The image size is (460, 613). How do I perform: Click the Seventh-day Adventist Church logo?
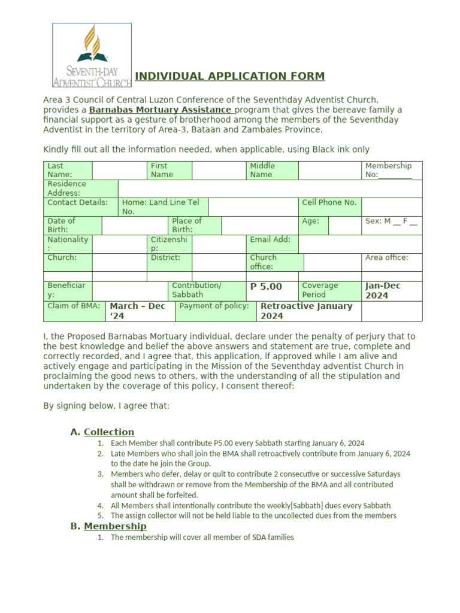(92, 55)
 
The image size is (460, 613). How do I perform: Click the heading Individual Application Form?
(230, 76)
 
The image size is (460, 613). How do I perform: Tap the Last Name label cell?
(68, 170)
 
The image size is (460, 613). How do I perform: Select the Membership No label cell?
(392, 170)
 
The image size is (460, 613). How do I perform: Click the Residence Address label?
(80, 189)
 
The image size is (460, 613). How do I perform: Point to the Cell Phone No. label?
(329, 202)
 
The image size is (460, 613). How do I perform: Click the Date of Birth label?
(72, 225)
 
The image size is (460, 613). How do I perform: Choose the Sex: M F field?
(391, 221)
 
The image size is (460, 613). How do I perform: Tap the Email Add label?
(271, 239)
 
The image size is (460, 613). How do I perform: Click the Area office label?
(387, 258)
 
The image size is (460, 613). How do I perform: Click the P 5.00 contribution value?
(266, 287)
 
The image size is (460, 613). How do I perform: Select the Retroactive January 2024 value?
(307, 311)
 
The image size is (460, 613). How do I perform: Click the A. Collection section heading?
(102, 432)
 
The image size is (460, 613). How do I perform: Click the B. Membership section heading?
(108, 526)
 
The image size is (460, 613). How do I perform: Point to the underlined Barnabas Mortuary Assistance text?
(161, 110)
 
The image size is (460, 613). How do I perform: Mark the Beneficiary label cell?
(67, 290)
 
